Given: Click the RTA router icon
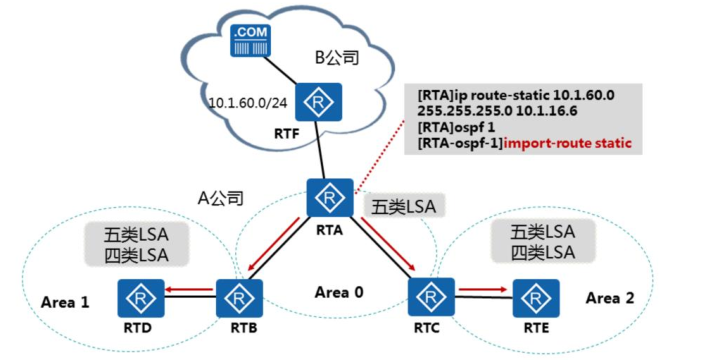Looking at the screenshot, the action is pyautogui.click(x=330, y=197).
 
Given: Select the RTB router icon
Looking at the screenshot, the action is pyautogui.click(x=239, y=298).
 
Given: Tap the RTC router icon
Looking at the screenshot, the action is pyautogui.click(x=431, y=297).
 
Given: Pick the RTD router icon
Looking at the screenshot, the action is pyautogui.click(x=141, y=298).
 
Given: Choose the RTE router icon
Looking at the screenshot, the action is pyautogui.click(x=536, y=298).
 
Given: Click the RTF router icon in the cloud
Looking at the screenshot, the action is pyautogui.click(x=318, y=102).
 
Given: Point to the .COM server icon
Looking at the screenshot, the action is pyautogui.click(x=250, y=41).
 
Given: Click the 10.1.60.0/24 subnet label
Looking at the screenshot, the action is pyautogui.click(x=248, y=103).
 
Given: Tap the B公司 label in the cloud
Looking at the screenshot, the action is pyautogui.click(x=337, y=58).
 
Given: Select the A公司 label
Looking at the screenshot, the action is pyautogui.click(x=221, y=198).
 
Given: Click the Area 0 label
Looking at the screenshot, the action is pyautogui.click(x=339, y=293).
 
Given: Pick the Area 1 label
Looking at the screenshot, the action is pyautogui.click(x=65, y=302).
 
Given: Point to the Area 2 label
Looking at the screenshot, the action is pyautogui.click(x=610, y=298).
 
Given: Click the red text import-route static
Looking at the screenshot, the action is pyautogui.click(x=567, y=144).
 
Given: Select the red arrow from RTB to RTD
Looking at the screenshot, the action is pyautogui.click(x=188, y=289).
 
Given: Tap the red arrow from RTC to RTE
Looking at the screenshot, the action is pyautogui.click(x=483, y=289).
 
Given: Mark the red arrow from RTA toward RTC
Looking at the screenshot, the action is pyautogui.click(x=388, y=244).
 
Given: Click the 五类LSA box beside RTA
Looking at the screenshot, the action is pyautogui.click(x=404, y=207).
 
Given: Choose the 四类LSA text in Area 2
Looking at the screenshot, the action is pyautogui.click(x=543, y=253).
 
